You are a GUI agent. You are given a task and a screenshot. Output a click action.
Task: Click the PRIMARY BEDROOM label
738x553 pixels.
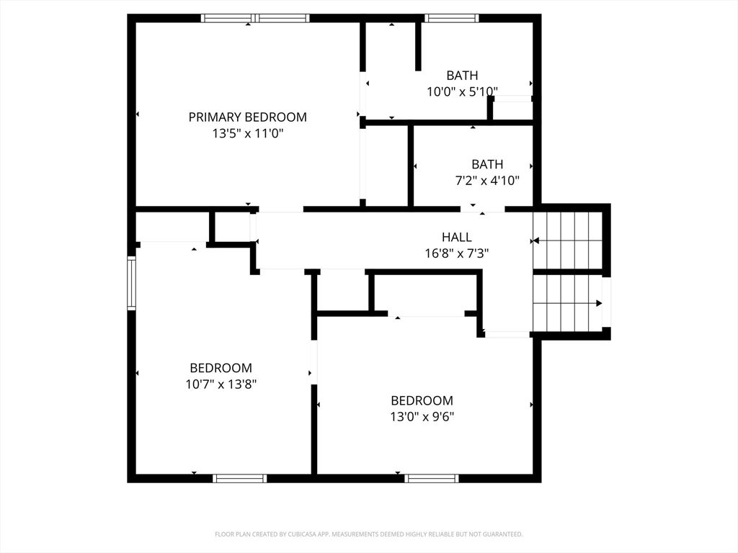[248, 117]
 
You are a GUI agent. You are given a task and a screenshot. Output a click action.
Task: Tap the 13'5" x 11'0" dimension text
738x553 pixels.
[248, 133]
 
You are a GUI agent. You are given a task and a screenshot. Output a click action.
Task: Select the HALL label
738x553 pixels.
[456, 238]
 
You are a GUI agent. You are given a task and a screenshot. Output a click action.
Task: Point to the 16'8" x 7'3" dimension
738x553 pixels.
[456, 254]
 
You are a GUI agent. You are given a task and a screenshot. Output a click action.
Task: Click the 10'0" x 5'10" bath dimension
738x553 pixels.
[462, 91]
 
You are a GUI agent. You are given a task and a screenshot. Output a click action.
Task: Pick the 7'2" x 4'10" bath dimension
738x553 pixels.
[487, 181]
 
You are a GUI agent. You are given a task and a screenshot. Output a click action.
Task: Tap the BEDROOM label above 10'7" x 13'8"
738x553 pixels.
[221, 368]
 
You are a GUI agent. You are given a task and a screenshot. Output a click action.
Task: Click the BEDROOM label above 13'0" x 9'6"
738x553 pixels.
[422, 400]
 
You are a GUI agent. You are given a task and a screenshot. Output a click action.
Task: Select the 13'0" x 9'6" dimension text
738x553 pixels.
[422, 417]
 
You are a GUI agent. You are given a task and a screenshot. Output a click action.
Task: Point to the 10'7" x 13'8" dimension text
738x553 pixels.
[221, 385]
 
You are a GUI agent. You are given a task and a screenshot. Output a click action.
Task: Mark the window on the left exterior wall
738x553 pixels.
[132, 282]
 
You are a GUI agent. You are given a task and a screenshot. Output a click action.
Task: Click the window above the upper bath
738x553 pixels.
[452, 18]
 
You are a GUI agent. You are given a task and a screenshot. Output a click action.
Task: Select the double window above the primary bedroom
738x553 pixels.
[255, 18]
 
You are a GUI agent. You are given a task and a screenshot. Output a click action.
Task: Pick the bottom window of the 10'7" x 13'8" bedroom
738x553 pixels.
[240, 478]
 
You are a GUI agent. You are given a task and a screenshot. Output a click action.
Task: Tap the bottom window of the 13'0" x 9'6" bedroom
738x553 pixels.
[432, 478]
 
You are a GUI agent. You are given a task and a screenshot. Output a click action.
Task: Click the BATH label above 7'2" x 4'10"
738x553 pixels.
[487, 164]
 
